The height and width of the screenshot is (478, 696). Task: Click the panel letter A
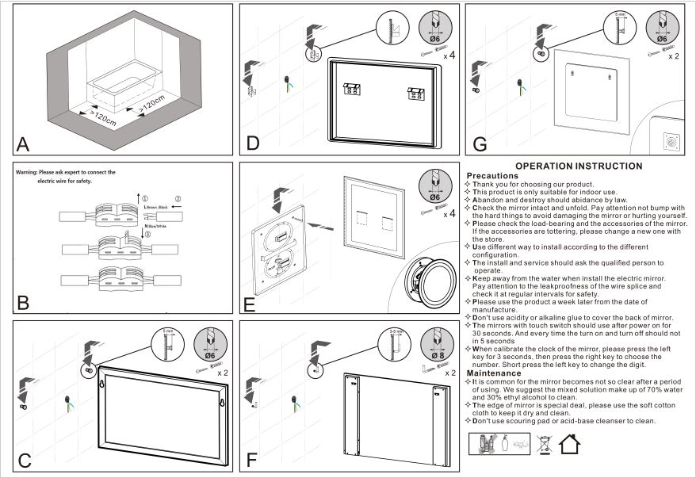tap(22, 143)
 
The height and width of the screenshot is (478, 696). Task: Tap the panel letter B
tap(22, 302)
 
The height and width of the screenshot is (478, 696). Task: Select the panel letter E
tap(250, 302)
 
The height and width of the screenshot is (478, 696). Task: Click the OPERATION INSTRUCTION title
tap(579, 166)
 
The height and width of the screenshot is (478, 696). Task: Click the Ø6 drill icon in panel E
tap(435, 188)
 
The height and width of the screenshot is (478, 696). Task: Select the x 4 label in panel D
tap(449, 55)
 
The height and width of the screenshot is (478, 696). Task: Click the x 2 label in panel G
tap(674, 56)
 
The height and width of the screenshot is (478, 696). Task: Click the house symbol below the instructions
tap(569, 443)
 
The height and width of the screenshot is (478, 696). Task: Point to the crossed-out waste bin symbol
tap(544, 443)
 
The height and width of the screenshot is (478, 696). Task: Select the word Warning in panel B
tap(31, 172)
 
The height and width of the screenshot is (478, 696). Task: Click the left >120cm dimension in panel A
tap(102, 121)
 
